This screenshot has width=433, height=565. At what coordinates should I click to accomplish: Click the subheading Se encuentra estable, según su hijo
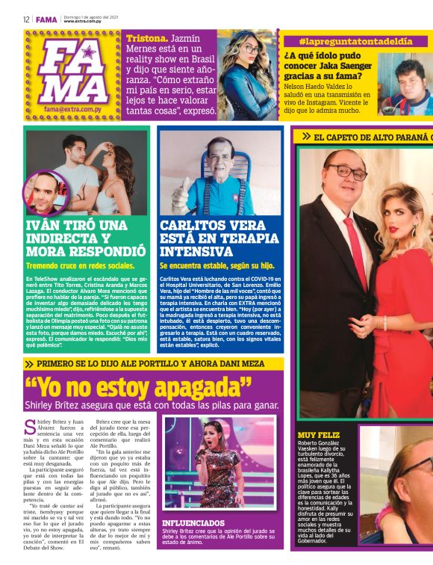pos(216,265)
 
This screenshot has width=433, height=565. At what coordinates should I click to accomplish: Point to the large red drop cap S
pos(30,427)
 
